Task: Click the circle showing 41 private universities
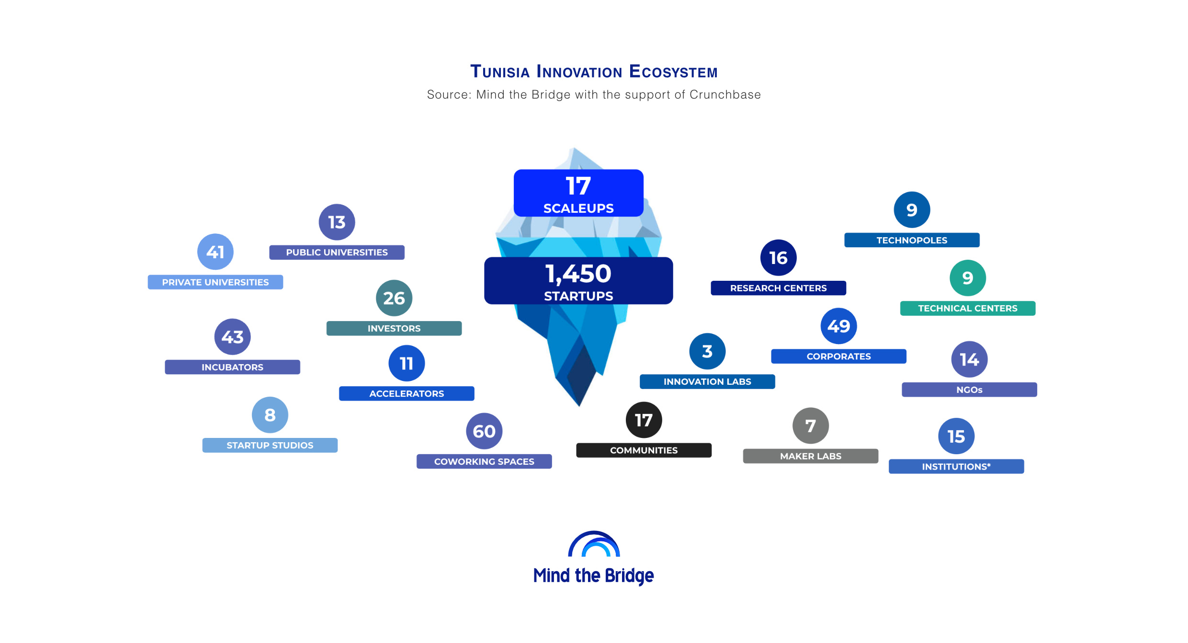click(215, 252)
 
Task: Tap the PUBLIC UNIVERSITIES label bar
click(337, 253)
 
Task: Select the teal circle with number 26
click(394, 298)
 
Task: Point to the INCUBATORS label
click(232, 367)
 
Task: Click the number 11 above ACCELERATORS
click(407, 363)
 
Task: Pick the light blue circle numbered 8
click(270, 415)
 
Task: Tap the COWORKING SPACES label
click(484, 461)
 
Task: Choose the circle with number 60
click(484, 431)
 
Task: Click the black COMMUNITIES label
click(644, 450)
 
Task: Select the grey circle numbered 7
click(811, 425)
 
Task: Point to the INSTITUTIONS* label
click(956, 467)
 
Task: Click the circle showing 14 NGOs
click(969, 359)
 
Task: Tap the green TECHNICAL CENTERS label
click(968, 309)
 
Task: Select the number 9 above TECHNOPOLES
click(912, 210)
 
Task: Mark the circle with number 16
click(779, 258)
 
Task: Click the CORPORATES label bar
click(838, 356)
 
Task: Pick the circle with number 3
click(707, 351)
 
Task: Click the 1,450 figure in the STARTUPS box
click(578, 274)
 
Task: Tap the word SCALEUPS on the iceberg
click(578, 208)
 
